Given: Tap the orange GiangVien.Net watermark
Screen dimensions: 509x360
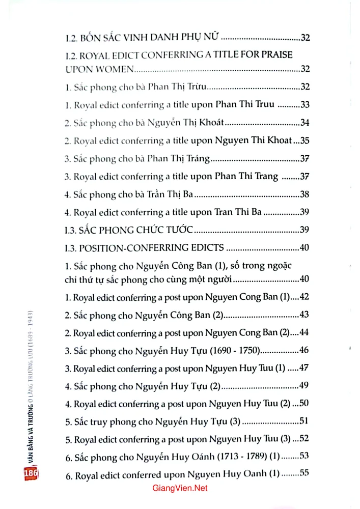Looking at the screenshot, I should point(180,488).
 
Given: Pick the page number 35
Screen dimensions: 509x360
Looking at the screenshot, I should point(306,140).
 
